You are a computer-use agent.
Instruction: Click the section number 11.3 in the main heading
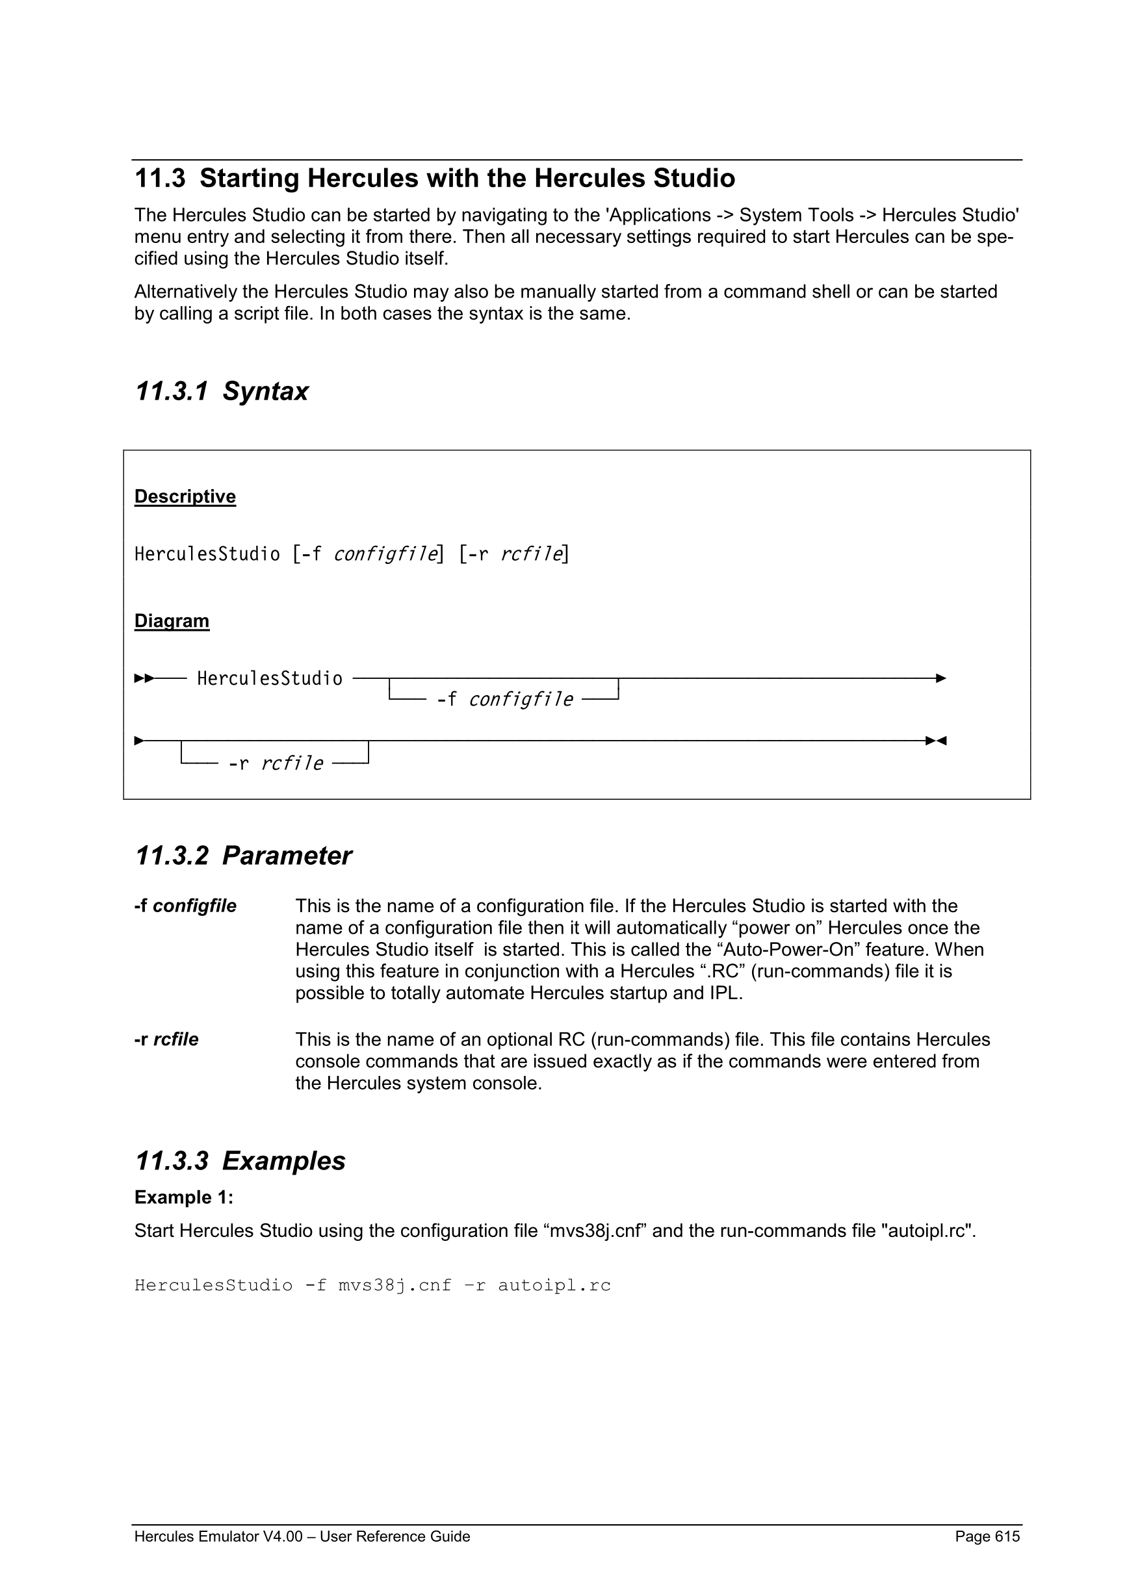pyautogui.click(x=161, y=178)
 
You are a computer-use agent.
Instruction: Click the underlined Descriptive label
pyautogui.click(x=185, y=497)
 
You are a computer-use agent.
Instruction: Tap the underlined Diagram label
pyautogui.click(x=172, y=621)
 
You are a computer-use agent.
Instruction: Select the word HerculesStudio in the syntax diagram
pyautogui.click(x=269, y=678)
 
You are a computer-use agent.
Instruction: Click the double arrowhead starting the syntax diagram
pyautogui.click(x=144, y=678)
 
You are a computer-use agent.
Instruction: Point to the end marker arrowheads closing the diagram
pyautogui.click(x=936, y=741)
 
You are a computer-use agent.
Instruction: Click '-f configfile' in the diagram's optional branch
pyautogui.click(x=504, y=699)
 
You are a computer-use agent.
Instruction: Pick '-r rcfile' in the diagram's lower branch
pyautogui.click(x=276, y=763)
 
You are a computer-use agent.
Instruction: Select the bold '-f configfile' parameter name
pyautogui.click(x=185, y=906)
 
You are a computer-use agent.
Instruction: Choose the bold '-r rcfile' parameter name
pyautogui.click(x=166, y=1039)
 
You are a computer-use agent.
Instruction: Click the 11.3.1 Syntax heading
pyautogui.click(x=222, y=391)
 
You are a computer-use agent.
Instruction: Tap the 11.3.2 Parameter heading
pyautogui.click(x=243, y=856)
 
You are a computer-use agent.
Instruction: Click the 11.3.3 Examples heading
pyautogui.click(x=240, y=1161)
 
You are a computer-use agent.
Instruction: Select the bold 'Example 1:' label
pyautogui.click(x=184, y=1197)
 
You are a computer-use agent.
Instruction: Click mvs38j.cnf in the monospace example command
pyautogui.click(x=395, y=1286)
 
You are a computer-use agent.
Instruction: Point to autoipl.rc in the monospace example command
pyautogui.click(x=554, y=1286)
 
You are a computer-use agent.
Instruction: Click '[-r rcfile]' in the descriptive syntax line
pyautogui.click(x=513, y=554)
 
